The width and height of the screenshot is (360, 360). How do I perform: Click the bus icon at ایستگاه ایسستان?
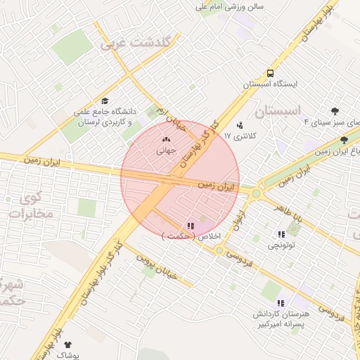click(271, 73)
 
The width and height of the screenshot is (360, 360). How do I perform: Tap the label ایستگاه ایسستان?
click(271, 84)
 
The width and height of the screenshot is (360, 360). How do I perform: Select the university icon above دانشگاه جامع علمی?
click(105, 101)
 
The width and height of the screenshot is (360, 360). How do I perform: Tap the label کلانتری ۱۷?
click(241, 134)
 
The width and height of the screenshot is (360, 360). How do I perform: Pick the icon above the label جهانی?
click(166, 140)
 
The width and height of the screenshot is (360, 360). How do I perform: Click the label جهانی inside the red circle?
click(165, 149)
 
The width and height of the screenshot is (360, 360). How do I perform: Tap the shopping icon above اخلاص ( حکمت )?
click(191, 226)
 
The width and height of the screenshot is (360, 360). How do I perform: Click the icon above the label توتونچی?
click(281, 234)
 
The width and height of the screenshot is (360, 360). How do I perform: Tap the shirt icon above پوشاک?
click(67, 345)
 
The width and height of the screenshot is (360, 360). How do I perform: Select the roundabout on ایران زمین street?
click(256, 193)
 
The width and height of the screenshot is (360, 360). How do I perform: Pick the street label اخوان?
click(240, 220)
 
